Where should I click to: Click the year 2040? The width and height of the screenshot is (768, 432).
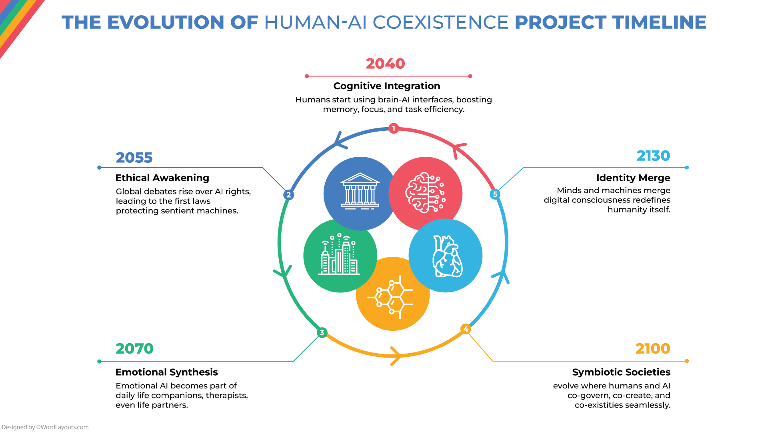[x=385, y=64]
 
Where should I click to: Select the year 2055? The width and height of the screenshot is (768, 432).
[x=134, y=158]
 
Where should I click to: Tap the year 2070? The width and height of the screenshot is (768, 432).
[x=134, y=349]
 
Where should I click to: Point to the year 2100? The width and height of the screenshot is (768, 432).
[x=653, y=349]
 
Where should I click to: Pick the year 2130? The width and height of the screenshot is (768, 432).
[x=653, y=156]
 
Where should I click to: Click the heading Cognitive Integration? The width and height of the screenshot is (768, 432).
[x=386, y=86]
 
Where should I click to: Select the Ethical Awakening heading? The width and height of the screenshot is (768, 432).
[x=162, y=178]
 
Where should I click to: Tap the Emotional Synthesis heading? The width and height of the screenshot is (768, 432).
[x=166, y=372]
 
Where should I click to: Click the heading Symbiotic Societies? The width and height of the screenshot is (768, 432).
[x=621, y=372]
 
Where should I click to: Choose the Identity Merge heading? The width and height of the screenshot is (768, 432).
[x=633, y=178]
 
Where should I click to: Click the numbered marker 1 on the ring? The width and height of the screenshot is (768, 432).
[x=394, y=128]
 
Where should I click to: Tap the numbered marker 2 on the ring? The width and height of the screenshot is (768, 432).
[x=288, y=195]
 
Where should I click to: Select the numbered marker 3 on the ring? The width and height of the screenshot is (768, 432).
[x=322, y=332]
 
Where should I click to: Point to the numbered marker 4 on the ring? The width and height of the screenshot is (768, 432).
[x=466, y=329]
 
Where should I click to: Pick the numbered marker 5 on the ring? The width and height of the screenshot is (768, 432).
[x=495, y=194]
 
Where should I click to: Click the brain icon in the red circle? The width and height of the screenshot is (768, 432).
[x=425, y=193]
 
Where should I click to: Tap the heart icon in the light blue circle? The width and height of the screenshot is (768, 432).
[x=447, y=256]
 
